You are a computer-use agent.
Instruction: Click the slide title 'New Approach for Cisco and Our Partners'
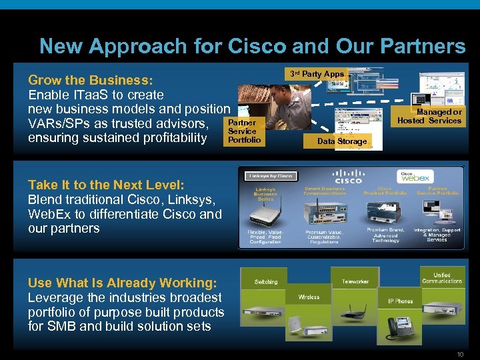[x=252, y=46]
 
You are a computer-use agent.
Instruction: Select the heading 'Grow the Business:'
[x=90, y=81]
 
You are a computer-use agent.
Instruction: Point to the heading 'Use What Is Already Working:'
[x=122, y=283]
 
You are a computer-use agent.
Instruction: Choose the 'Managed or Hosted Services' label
[x=429, y=117]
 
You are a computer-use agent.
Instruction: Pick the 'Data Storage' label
[x=341, y=141]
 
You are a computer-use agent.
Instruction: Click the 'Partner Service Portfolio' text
[x=244, y=131]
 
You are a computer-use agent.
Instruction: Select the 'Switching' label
[x=265, y=282]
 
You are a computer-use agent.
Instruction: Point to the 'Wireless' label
[x=309, y=297]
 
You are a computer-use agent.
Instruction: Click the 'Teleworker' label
[x=355, y=282]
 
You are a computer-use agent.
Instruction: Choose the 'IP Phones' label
[x=400, y=301]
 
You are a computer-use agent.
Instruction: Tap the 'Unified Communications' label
[x=442, y=278]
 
